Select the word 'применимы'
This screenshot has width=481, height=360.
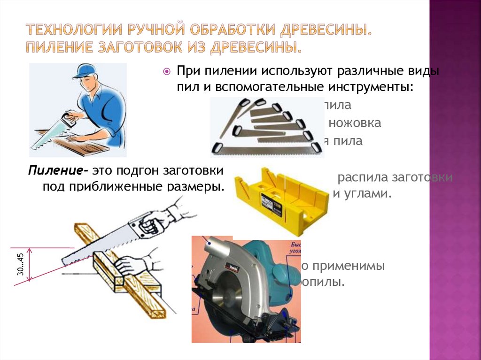pyautogui.click(x=347, y=266)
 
